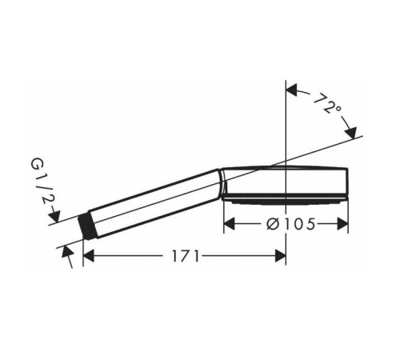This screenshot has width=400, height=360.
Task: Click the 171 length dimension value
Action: (186, 256)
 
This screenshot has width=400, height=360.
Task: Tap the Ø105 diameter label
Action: (291, 224)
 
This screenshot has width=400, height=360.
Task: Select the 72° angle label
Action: (326, 103)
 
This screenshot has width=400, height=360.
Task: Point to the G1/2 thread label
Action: (42, 181)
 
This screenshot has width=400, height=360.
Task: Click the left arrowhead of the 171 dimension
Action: (89, 256)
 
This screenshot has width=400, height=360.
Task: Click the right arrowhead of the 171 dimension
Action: (280, 256)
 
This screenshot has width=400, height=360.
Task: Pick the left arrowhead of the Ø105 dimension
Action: (229, 224)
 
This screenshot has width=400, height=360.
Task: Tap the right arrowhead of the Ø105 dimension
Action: (342, 224)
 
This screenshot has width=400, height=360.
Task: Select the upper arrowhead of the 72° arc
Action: (291, 90)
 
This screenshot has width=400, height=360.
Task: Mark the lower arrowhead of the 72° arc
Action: (351, 133)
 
